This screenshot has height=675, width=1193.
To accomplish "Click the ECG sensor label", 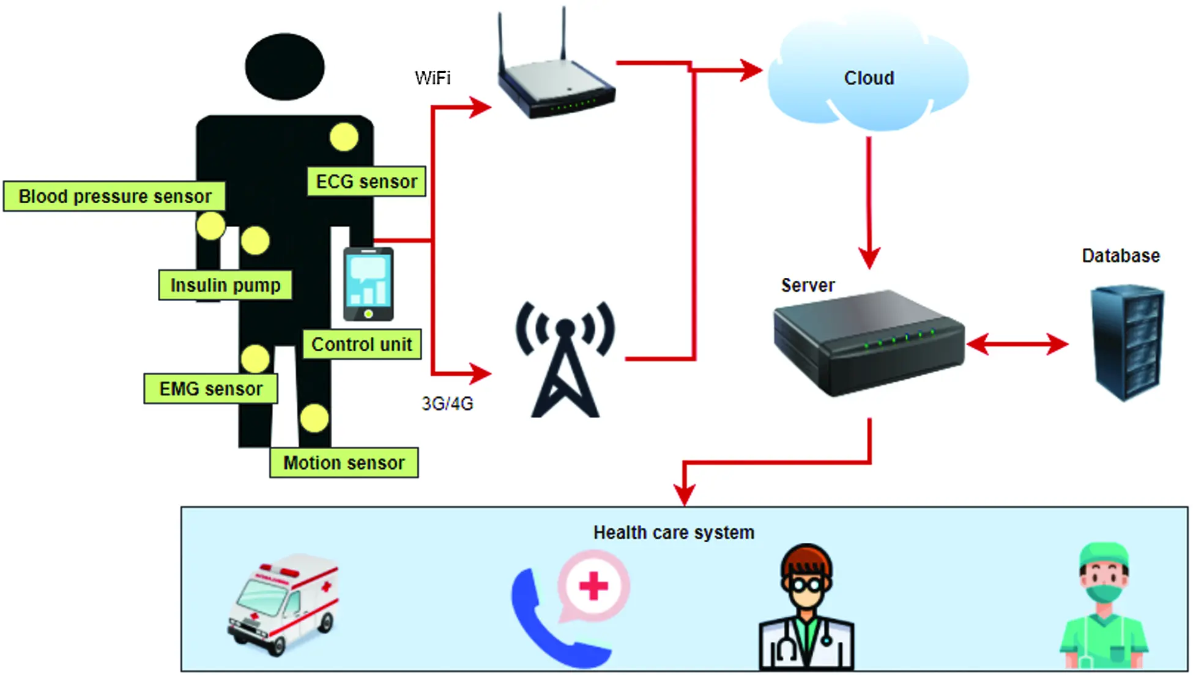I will point(366,182).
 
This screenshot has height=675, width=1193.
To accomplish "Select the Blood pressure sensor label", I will point(114,196).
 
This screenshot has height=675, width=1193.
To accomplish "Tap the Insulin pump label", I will point(225,285).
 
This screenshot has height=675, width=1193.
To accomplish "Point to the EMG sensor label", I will point(210,389).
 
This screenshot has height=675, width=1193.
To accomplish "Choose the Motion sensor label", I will point(344,463).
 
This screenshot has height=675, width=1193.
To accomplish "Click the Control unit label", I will point(362,344).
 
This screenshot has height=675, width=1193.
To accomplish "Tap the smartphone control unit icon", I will point(368,285).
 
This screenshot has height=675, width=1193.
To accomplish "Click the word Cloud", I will point(869,78).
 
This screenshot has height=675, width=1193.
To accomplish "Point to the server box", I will point(869,343).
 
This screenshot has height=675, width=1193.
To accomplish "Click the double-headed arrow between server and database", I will point(1018,344).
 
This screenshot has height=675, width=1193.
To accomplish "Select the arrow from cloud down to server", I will point(869,202).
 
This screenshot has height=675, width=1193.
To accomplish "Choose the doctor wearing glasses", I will point(806,609).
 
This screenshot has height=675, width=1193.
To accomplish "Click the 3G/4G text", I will point(447,404).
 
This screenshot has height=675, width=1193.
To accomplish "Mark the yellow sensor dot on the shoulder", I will point(344,137).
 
